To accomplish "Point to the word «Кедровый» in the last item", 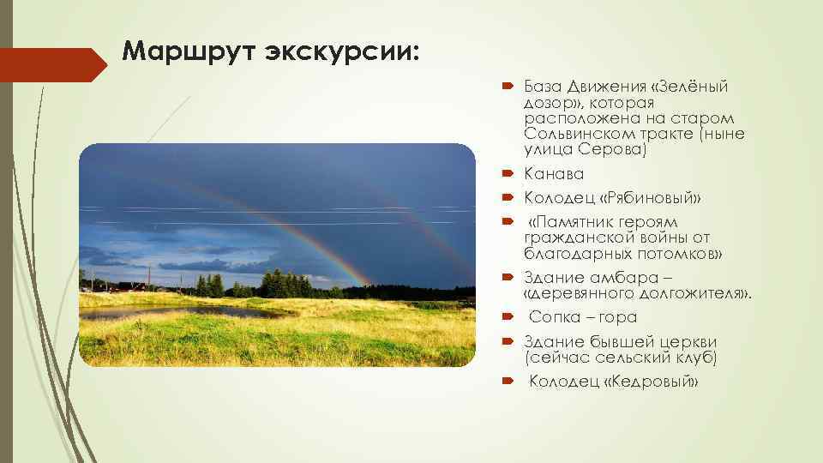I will (x=650, y=381).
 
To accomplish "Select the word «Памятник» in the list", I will (x=571, y=223).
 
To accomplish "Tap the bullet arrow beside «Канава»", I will (x=507, y=175).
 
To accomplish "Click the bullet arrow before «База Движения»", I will (x=507, y=87).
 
